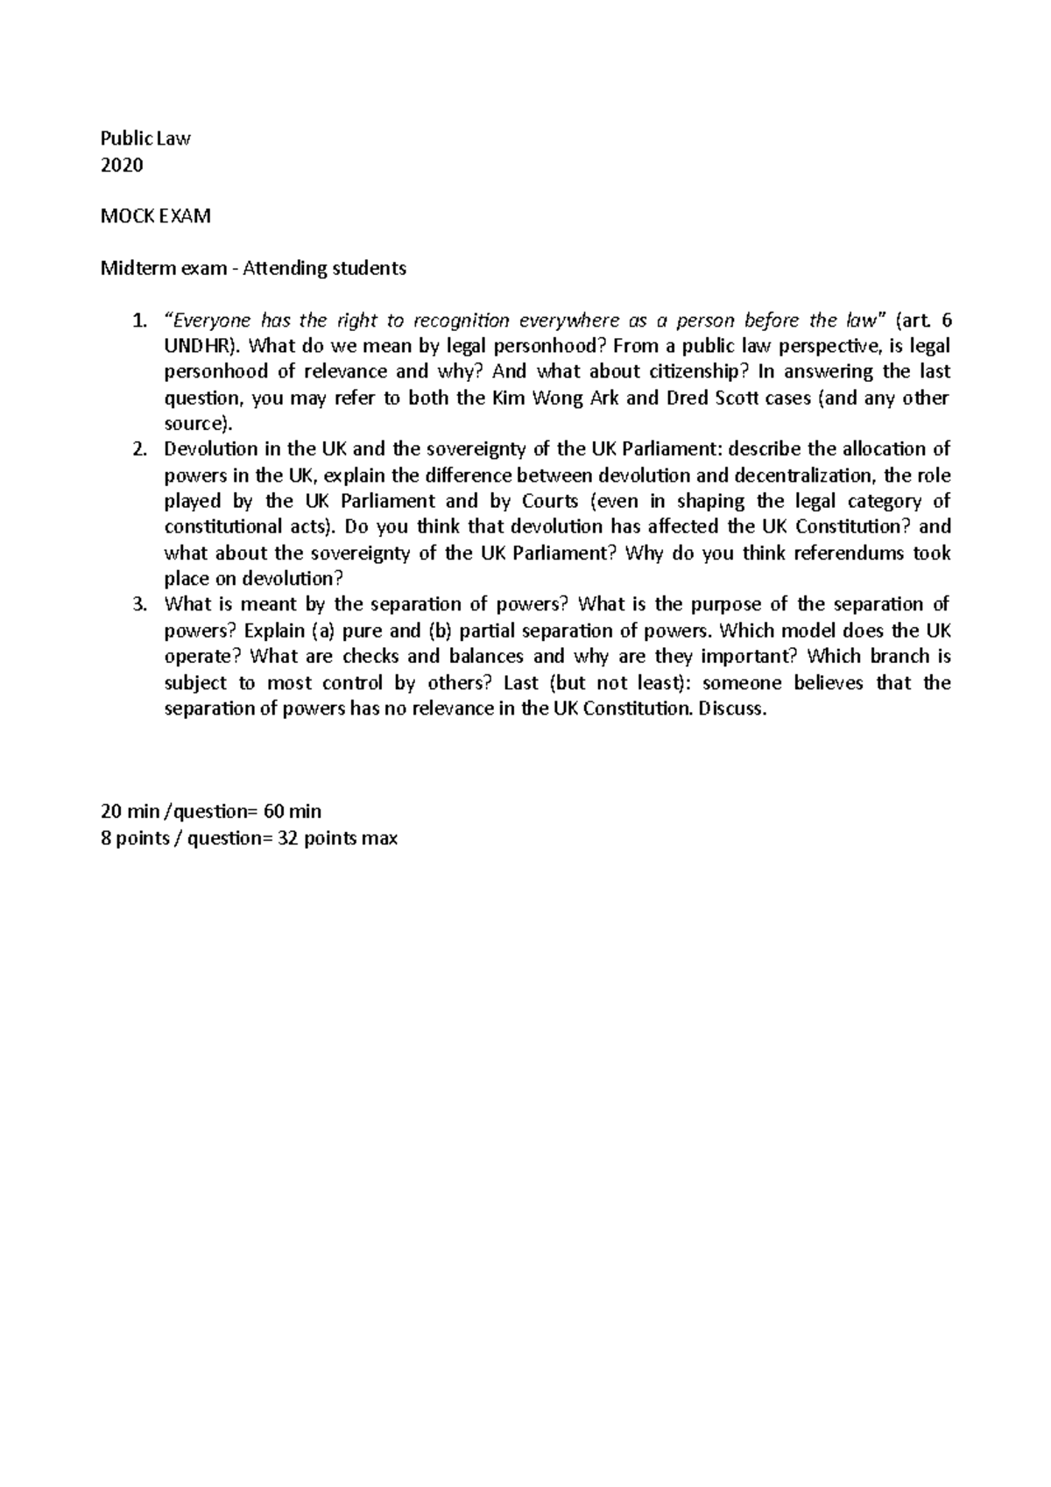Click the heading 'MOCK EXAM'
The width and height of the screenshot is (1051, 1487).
click(x=156, y=216)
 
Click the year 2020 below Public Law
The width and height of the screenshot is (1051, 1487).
click(x=122, y=165)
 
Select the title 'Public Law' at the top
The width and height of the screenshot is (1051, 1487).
click(x=146, y=138)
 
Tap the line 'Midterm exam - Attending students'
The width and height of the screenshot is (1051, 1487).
click(x=254, y=268)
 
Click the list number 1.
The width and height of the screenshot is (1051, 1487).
click(x=138, y=320)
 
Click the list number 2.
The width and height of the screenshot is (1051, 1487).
click(x=138, y=449)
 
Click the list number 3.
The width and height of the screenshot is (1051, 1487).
click(x=138, y=604)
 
